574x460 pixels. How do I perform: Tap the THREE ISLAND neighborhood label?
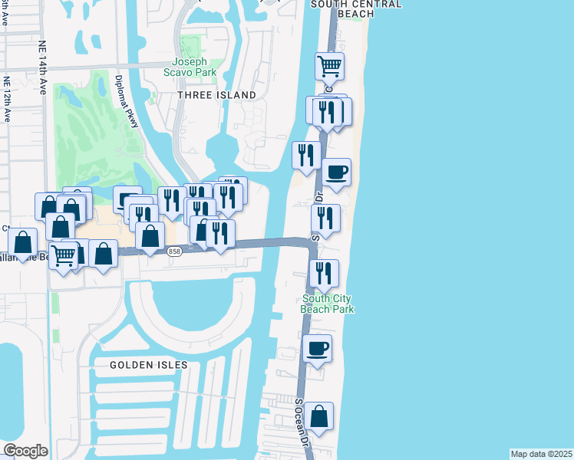click(x=216, y=95)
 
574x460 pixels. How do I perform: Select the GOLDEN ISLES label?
click(x=144, y=364)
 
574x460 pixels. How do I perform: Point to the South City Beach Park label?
click(x=328, y=304)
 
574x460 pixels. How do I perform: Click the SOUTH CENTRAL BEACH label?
click(x=355, y=8)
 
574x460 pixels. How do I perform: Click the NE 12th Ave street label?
click(x=7, y=99)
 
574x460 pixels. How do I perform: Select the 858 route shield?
click(x=174, y=251)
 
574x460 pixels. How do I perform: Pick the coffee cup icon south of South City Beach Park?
click(x=317, y=349)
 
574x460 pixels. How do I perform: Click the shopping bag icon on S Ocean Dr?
click(x=318, y=417)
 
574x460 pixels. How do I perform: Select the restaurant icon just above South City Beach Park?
click(x=324, y=273)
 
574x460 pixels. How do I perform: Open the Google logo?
click(x=25, y=451)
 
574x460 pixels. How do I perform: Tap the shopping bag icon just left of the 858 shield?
click(x=150, y=235)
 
